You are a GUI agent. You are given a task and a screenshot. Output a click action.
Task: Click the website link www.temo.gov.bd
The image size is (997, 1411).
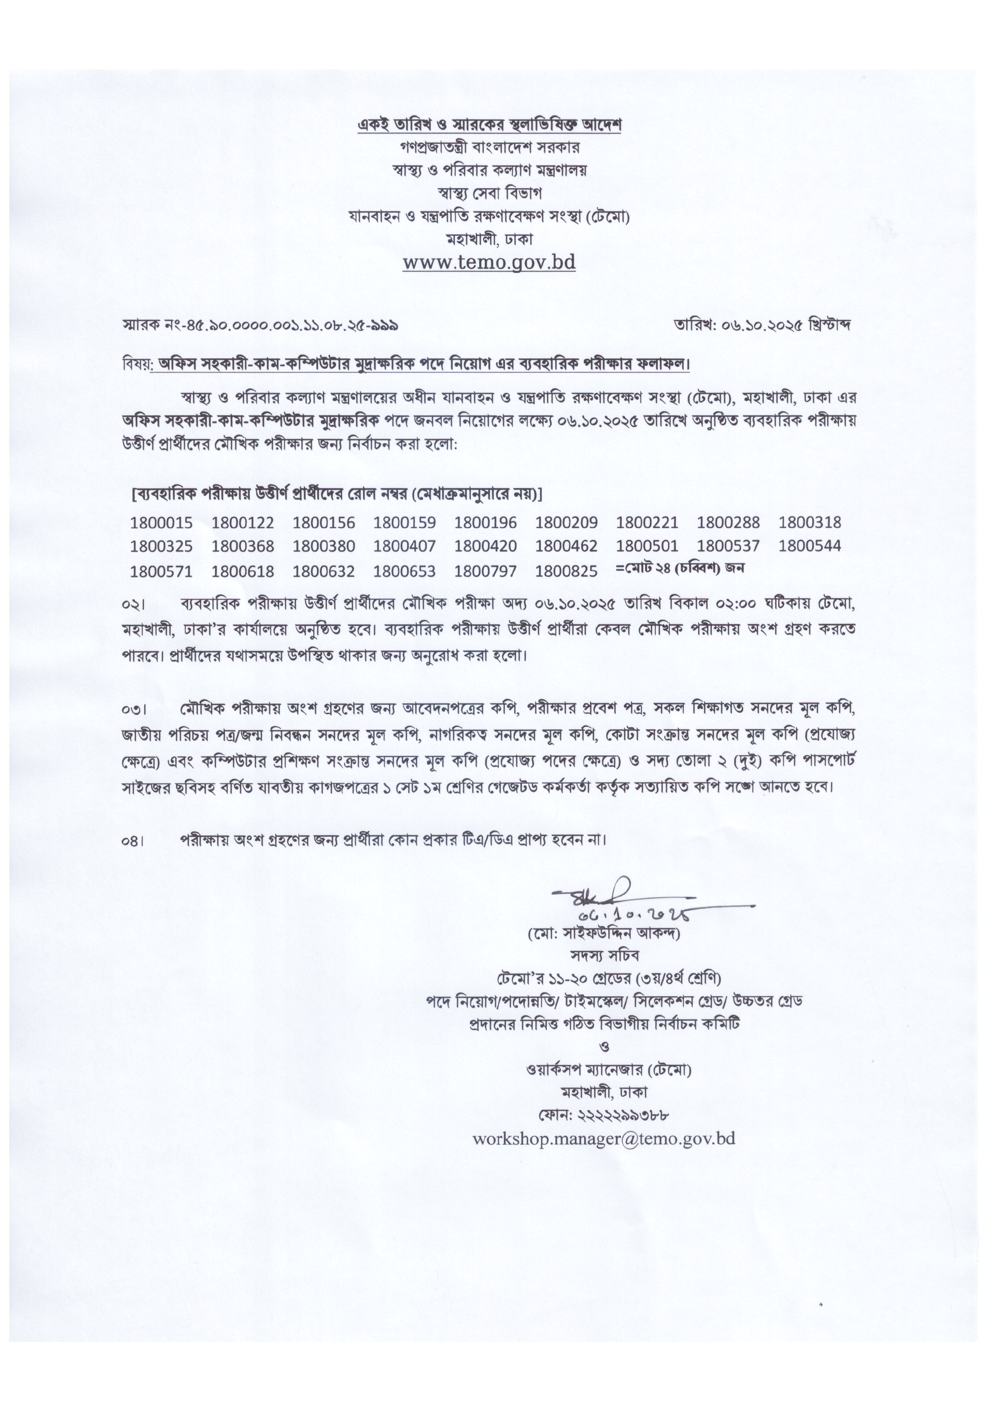pos(489,263)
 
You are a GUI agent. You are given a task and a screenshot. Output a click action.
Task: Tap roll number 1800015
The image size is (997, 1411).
pos(161,523)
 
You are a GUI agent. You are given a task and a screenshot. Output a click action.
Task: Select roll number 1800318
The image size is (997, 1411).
pos(810,523)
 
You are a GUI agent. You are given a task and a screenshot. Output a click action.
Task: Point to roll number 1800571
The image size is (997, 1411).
pos(161,571)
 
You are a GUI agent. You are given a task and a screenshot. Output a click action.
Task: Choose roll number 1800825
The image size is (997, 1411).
pos(566,571)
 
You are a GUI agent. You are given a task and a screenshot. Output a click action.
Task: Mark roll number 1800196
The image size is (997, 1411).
pos(485,523)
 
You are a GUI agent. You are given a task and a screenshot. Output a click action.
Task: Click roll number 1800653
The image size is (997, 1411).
pos(404,571)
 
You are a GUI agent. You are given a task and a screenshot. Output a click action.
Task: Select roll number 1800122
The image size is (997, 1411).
pos(243,523)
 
